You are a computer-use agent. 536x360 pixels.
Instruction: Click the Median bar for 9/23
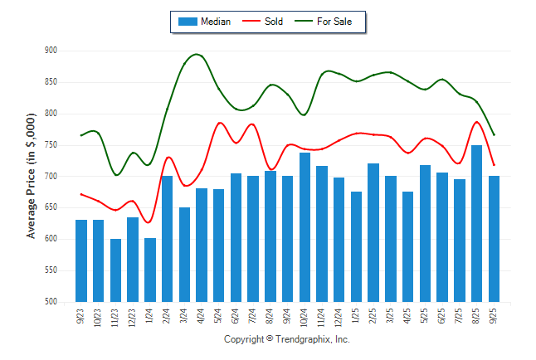coord(81,260)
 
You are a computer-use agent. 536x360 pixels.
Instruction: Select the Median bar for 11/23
coord(115,270)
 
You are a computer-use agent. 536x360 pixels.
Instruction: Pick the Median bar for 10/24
coord(305,227)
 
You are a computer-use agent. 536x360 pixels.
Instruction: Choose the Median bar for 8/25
coord(476,224)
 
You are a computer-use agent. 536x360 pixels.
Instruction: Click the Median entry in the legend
coord(204,22)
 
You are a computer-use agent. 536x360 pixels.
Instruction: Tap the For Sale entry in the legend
coord(330,22)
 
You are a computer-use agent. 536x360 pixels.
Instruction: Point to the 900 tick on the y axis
coord(51,51)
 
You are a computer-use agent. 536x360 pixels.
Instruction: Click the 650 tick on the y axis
coord(51,207)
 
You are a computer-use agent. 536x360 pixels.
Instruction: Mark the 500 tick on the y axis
coord(51,302)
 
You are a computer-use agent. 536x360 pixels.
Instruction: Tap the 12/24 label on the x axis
coord(339,318)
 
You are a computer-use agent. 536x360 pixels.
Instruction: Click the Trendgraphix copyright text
coord(287,340)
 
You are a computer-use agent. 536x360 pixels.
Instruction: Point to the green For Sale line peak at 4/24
coord(197,55)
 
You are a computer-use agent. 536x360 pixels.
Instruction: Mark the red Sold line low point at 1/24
coord(149,222)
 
